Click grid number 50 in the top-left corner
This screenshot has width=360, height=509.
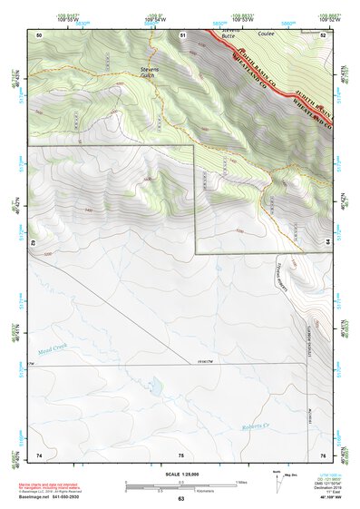pos(39,34)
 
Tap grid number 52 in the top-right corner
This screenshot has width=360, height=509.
pos(324,34)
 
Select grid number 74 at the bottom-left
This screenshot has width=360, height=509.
pos(39,453)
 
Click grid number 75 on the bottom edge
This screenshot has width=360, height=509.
pos(181,453)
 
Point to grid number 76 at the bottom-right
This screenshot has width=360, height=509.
pos(323,453)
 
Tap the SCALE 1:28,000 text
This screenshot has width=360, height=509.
pos(180,473)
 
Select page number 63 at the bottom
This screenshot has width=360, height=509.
pos(180,498)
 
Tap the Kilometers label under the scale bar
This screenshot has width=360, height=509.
pos(206,491)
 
